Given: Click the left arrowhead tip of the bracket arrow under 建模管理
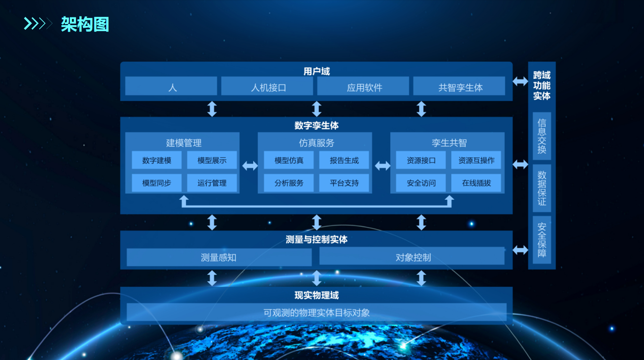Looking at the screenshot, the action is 184,196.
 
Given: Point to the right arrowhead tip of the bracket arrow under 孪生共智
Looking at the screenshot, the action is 449,196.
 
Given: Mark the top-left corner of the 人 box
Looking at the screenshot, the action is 125,77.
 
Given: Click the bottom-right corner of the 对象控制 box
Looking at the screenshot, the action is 505,265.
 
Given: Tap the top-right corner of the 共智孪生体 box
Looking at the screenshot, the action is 505,77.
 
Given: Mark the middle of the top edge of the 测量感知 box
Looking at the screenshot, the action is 219,249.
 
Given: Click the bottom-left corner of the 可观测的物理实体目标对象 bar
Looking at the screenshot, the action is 127,321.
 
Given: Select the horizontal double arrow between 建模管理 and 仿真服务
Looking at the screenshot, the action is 250,166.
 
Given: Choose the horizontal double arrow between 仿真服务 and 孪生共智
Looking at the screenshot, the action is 382,166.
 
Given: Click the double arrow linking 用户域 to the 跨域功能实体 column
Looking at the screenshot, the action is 520,81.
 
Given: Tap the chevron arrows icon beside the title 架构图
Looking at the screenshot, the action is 38,24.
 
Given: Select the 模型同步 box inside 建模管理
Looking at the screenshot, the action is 157,183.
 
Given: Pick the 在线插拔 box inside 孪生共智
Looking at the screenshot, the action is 476,183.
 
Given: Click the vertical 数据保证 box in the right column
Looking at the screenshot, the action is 542,188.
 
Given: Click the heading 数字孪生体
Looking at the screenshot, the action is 316,126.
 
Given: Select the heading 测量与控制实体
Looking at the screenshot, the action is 316,239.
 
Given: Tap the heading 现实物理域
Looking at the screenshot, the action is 316,295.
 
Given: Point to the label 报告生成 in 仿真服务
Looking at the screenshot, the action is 344,160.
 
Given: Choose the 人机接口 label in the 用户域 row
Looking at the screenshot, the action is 269,87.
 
